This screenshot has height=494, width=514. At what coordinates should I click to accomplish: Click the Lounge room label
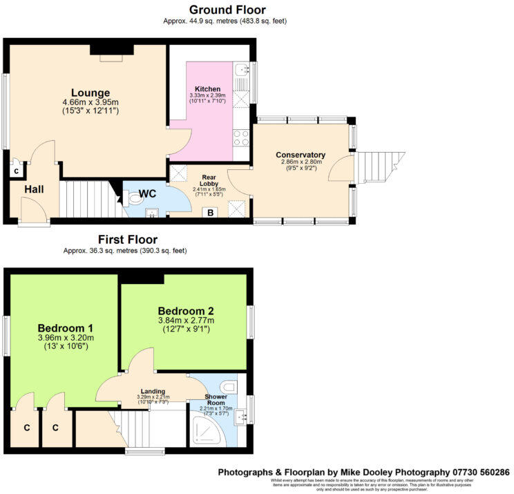[90, 93]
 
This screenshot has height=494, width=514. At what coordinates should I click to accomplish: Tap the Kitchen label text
[207, 89]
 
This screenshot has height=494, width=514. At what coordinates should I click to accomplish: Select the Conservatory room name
[300, 155]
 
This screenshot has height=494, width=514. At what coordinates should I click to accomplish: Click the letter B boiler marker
[210, 212]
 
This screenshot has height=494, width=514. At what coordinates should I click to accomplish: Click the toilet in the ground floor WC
[135, 199]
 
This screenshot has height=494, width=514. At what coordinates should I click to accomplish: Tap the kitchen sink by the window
[241, 70]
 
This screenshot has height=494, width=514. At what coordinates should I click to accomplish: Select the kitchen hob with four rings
[241, 138]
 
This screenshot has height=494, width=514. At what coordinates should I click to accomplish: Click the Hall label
[35, 189]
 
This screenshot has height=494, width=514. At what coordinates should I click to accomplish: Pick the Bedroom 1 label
[66, 327]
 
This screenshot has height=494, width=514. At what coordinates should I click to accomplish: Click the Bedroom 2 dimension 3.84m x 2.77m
[185, 320]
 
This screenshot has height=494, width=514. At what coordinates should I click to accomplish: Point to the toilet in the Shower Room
[229, 385]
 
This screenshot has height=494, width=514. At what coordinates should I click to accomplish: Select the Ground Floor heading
[227, 9]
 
